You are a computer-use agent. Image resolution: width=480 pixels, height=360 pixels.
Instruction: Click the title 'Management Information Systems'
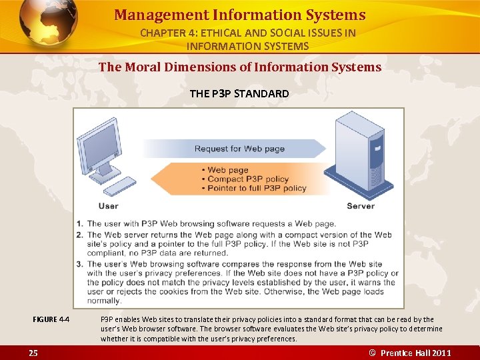(239, 15)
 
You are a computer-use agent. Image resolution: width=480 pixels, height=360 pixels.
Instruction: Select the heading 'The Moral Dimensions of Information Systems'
(239, 67)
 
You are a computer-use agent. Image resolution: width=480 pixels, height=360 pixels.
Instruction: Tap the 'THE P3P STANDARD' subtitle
(239, 93)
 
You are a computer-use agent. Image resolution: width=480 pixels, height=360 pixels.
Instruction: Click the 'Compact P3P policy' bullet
(247, 179)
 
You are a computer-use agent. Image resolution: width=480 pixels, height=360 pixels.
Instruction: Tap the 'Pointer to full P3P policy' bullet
(257, 188)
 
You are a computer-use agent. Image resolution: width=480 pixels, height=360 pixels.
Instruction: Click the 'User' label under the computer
(108, 206)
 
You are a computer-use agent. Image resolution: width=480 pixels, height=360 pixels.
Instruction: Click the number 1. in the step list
(80, 224)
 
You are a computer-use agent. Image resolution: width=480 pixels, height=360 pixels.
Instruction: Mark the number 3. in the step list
(80, 263)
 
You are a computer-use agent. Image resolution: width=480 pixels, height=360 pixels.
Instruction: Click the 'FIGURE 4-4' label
(51, 319)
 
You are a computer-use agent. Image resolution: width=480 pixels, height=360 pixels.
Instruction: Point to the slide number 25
(33, 353)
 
